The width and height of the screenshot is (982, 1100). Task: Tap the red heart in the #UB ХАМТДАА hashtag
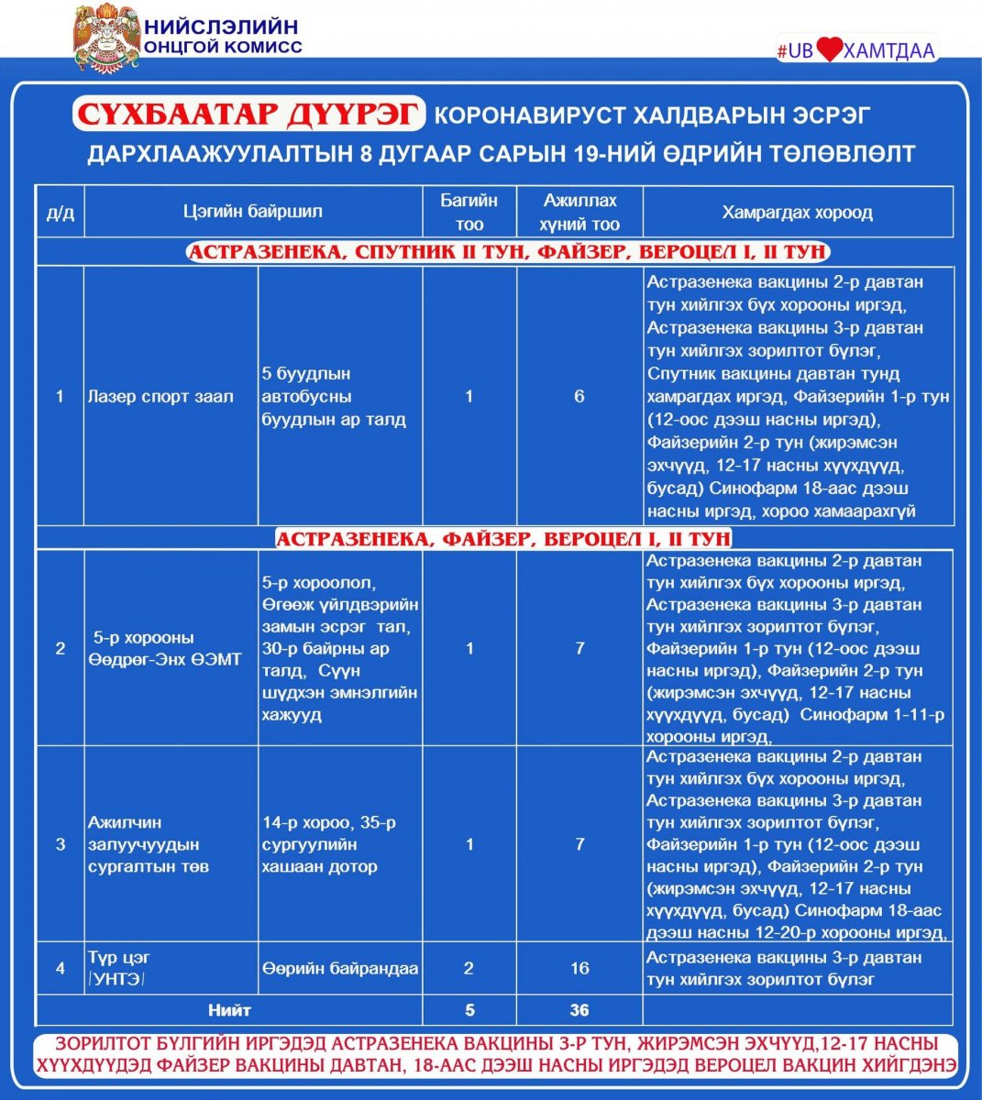(828, 50)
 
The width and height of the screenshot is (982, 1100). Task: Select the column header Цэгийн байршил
(252, 212)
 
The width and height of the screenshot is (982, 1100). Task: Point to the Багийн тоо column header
(469, 212)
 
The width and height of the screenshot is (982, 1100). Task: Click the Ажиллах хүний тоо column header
(579, 212)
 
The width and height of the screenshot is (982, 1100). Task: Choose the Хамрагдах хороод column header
(797, 212)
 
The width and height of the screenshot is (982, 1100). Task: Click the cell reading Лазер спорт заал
(161, 397)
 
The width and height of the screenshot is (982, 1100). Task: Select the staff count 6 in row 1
(579, 397)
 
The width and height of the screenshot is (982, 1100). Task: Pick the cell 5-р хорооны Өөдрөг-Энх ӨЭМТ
(165, 649)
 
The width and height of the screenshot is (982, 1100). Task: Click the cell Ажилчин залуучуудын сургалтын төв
(144, 844)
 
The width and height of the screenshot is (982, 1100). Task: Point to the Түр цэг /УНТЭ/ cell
(119, 968)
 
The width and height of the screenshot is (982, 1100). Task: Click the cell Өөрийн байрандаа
(339, 968)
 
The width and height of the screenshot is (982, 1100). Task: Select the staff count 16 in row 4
(579, 968)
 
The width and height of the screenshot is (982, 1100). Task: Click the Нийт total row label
(229, 1010)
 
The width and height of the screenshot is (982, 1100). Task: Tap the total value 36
(579, 1010)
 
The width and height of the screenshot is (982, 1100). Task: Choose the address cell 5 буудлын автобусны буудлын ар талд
(334, 397)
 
